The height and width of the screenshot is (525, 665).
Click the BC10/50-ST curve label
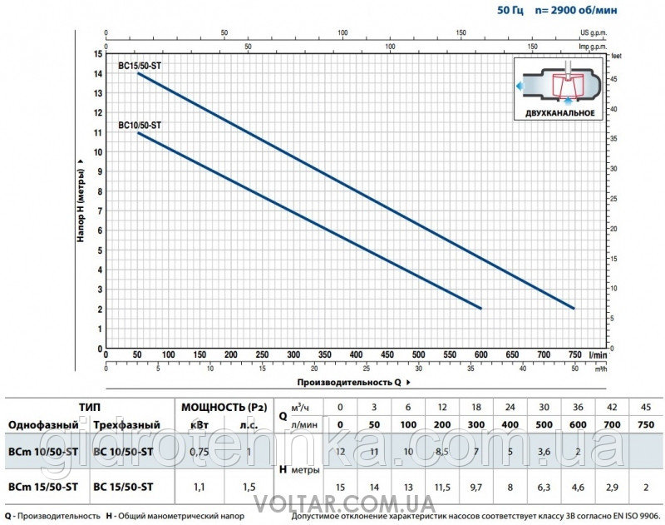pos(140,126)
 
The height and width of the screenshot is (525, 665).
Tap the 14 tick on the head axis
pos(98,74)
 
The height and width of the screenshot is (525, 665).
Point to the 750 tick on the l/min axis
pos(574,355)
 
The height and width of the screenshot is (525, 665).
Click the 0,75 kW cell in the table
pos(198,452)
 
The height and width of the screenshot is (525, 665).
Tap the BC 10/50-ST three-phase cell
pos(125,452)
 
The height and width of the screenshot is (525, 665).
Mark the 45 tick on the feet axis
pos(615,78)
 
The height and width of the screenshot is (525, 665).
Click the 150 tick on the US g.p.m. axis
pos(462,33)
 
